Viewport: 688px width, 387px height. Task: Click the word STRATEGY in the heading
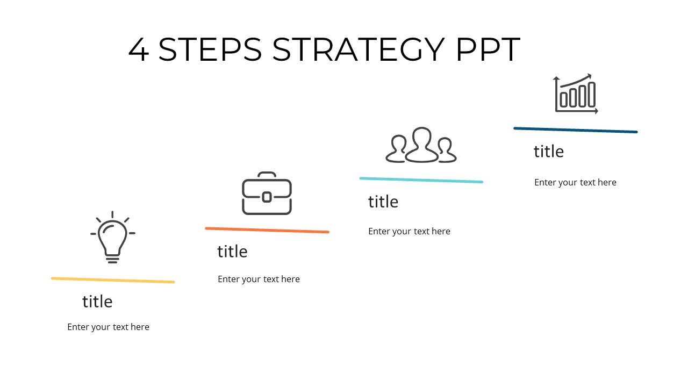point(359,49)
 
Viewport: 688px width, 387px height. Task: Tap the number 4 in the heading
point(139,50)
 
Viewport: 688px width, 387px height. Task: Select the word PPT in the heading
point(488,49)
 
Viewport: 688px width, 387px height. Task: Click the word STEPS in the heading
point(210,49)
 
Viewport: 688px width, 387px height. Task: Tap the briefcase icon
point(267,193)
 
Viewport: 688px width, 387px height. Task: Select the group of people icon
point(421,145)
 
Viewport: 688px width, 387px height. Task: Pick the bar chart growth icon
point(576,94)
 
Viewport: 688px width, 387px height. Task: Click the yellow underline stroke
point(113,280)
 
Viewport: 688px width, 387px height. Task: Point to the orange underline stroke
point(267,230)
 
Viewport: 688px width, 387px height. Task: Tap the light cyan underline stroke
point(421,180)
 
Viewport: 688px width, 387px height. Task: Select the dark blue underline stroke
point(575,130)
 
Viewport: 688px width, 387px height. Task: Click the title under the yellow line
point(97,302)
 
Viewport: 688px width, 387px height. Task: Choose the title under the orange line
point(232,252)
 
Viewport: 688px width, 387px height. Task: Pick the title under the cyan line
point(383,202)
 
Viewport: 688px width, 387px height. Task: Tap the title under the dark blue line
point(549,152)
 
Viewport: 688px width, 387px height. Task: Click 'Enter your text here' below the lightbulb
point(108,327)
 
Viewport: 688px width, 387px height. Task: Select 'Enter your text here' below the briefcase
point(259,279)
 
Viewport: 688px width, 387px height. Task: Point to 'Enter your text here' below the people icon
point(409,231)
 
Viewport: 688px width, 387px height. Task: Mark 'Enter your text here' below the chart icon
point(575,182)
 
